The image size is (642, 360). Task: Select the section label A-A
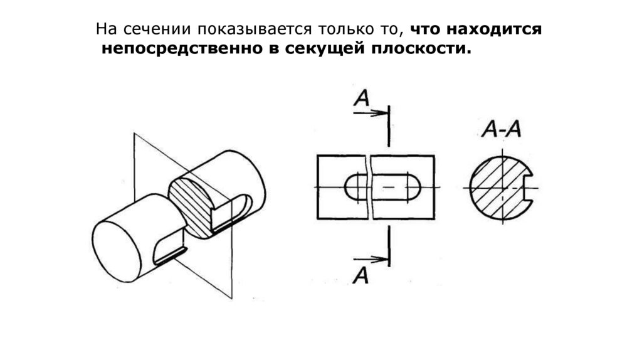pyautogui.click(x=502, y=130)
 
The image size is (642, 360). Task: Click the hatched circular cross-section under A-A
pyautogui.click(x=495, y=188)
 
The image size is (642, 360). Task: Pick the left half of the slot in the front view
pyautogui.click(x=355, y=188)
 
